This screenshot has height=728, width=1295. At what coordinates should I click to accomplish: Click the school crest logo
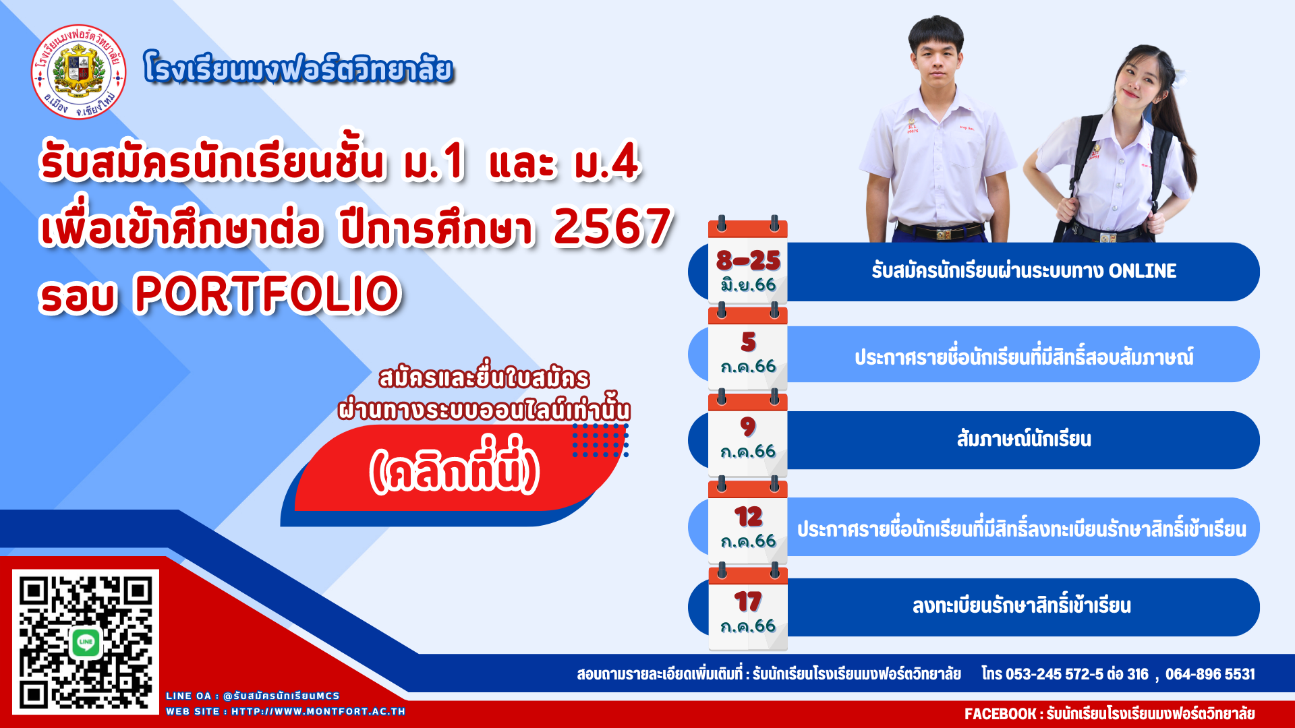pyautogui.click(x=79, y=71)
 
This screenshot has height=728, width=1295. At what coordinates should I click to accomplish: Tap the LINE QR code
pyautogui.click(x=86, y=642)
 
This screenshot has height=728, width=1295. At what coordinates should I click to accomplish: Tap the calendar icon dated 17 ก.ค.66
pyautogui.click(x=748, y=607)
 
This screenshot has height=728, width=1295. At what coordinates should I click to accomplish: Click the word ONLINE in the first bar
pyautogui.click(x=1143, y=271)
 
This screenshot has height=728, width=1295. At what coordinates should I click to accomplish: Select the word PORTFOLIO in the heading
pyautogui.click(x=268, y=294)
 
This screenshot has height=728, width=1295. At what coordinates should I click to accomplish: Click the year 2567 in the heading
pyautogui.click(x=612, y=226)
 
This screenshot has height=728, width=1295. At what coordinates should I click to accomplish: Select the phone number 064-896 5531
pyautogui.click(x=1210, y=674)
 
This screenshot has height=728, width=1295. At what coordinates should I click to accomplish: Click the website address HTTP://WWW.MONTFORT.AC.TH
pyautogui.click(x=318, y=711)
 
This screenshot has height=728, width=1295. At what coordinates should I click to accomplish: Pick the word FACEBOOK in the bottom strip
pyautogui.click(x=1000, y=714)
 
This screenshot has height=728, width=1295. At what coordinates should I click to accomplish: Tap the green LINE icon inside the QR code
pyautogui.click(x=86, y=642)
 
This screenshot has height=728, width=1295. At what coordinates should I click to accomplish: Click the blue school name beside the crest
pyautogui.click(x=298, y=69)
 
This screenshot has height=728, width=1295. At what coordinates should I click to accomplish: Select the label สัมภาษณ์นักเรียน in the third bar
pyautogui.click(x=1024, y=439)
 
